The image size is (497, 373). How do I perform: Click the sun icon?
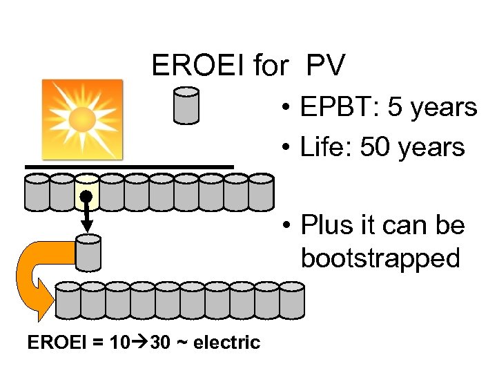point(82,118)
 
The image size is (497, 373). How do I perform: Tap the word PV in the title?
point(325,66)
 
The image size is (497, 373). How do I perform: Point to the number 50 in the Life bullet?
point(373,146)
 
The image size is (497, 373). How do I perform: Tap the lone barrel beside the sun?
point(186,105)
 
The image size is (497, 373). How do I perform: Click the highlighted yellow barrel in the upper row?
point(87,191)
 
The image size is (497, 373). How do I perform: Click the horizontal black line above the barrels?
point(129,166)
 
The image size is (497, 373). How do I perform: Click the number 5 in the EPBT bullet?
point(396,108)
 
